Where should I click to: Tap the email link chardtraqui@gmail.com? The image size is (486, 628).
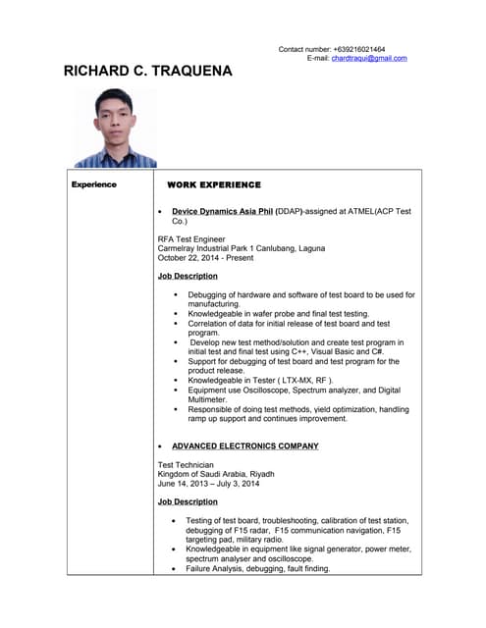(x=368, y=58)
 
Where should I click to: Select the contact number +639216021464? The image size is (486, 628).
(x=358, y=48)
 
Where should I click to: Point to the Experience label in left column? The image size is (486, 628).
(x=93, y=184)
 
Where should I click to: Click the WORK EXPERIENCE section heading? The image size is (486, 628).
(x=214, y=184)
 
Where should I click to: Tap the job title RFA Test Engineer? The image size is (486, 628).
(x=191, y=238)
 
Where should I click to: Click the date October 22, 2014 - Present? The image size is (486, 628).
(x=205, y=258)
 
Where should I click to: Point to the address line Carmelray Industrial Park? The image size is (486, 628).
(x=235, y=248)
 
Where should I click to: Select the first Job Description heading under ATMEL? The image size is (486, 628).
(x=188, y=276)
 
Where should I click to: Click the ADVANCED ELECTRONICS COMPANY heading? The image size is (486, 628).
(x=245, y=445)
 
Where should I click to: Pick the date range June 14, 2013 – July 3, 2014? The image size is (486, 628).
(x=208, y=483)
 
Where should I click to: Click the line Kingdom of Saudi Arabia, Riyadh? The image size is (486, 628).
(x=216, y=474)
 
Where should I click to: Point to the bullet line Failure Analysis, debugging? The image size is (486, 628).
(x=257, y=568)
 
